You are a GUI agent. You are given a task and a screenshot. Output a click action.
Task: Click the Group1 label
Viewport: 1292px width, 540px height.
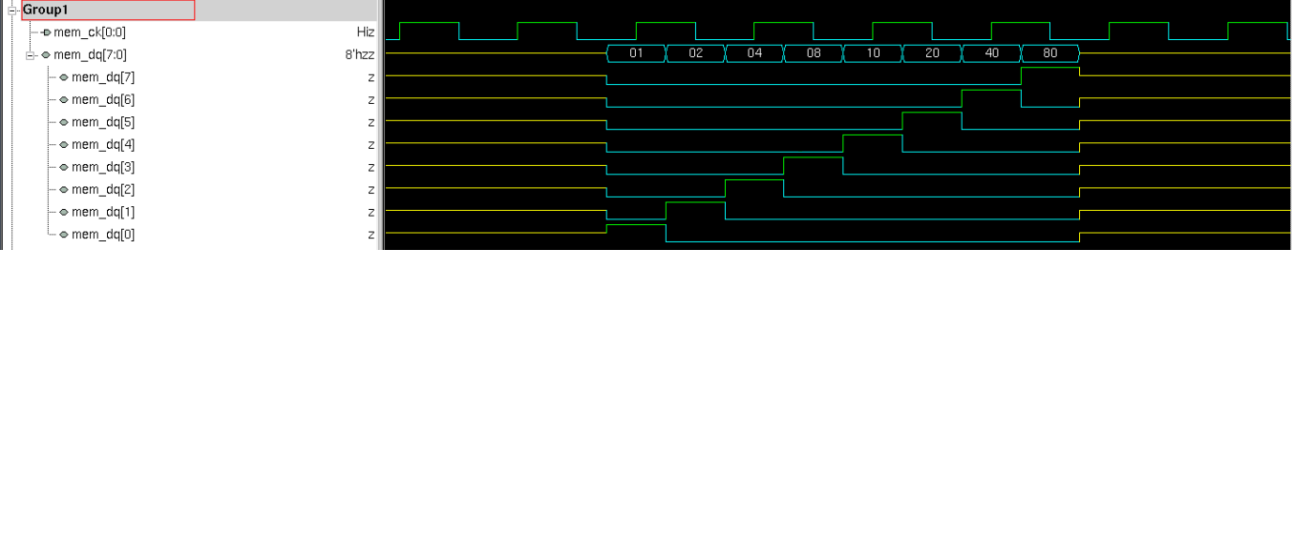point(45,10)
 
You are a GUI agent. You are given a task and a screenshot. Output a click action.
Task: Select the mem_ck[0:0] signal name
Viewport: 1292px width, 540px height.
point(89,32)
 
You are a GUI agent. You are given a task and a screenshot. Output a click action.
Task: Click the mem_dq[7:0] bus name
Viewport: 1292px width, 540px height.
point(90,54)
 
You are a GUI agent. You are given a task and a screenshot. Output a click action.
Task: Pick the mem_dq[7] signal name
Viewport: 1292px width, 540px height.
point(103,77)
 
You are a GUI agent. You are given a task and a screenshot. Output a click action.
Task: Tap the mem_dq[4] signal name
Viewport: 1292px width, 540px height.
point(103,145)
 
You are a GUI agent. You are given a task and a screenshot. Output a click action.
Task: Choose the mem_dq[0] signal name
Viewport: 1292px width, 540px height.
point(103,235)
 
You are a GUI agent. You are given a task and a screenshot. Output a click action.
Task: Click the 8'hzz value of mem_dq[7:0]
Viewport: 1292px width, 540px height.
point(360,54)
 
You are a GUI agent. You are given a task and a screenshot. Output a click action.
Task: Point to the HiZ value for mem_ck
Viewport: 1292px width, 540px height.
point(366,32)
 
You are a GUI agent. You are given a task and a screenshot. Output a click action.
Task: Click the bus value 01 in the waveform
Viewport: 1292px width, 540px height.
point(636,53)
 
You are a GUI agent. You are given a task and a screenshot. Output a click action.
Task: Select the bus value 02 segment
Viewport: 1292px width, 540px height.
point(695,53)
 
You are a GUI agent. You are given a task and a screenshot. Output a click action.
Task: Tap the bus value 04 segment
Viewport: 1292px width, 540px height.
point(754,53)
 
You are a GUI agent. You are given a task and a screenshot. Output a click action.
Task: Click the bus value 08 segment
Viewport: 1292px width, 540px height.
point(814,53)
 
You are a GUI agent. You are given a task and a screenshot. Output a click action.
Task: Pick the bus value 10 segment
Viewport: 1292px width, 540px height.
point(873,53)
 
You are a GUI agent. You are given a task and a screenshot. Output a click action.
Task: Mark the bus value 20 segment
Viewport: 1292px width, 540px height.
point(932,53)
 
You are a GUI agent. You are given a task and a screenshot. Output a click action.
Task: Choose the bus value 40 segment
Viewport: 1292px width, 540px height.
point(991,53)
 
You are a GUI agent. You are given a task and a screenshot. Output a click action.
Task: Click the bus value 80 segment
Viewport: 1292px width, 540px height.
point(1050,53)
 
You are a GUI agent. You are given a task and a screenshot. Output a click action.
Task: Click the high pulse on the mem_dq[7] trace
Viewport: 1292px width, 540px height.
point(1050,69)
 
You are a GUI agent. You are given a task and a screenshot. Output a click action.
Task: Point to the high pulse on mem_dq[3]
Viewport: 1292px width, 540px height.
point(814,158)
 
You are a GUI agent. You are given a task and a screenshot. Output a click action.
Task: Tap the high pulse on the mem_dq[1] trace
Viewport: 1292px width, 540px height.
point(695,203)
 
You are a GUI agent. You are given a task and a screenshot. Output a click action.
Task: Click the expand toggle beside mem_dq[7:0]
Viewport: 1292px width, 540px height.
point(32,54)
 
